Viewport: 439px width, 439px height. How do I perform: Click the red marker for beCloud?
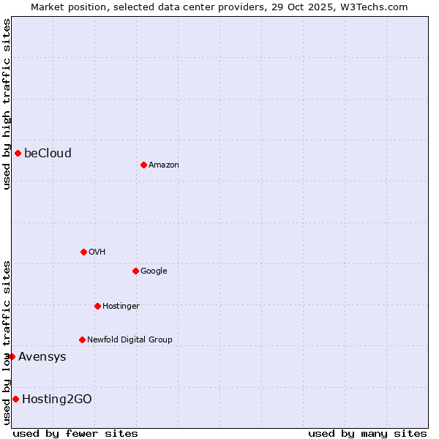click(x=18, y=153)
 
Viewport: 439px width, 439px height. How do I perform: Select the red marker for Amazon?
click(x=143, y=165)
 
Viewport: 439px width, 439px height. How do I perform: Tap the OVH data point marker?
click(x=83, y=252)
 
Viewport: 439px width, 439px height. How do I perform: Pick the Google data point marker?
click(x=135, y=271)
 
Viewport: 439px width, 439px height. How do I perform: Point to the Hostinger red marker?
click(x=97, y=306)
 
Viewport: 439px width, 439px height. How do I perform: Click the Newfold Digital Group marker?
click(x=82, y=339)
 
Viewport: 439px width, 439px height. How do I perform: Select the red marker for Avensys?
click(x=12, y=356)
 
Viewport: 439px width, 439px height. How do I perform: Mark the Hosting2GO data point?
click(x=15, y=399)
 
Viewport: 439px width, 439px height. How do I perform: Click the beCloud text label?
click(x=48, y=153)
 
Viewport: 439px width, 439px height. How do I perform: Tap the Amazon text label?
click(x=163, y=165)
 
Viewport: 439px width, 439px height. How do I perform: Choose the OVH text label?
click(x=97, y=252)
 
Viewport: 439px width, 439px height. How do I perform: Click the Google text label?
click(x=154, y=271)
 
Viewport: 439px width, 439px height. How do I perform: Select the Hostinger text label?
click(x=121, y=306)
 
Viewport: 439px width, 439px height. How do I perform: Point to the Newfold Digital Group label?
click(x=130, y=339)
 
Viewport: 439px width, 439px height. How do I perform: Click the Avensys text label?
click(x=42, y=356)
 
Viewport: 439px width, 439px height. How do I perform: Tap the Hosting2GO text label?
click(x=56, y=399)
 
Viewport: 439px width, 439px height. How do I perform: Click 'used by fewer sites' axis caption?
click(x=75, y=433)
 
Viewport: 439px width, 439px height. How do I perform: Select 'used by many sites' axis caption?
click(x=367, y=433)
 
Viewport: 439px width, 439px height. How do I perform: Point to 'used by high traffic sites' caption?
click(x=7, y=104)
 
